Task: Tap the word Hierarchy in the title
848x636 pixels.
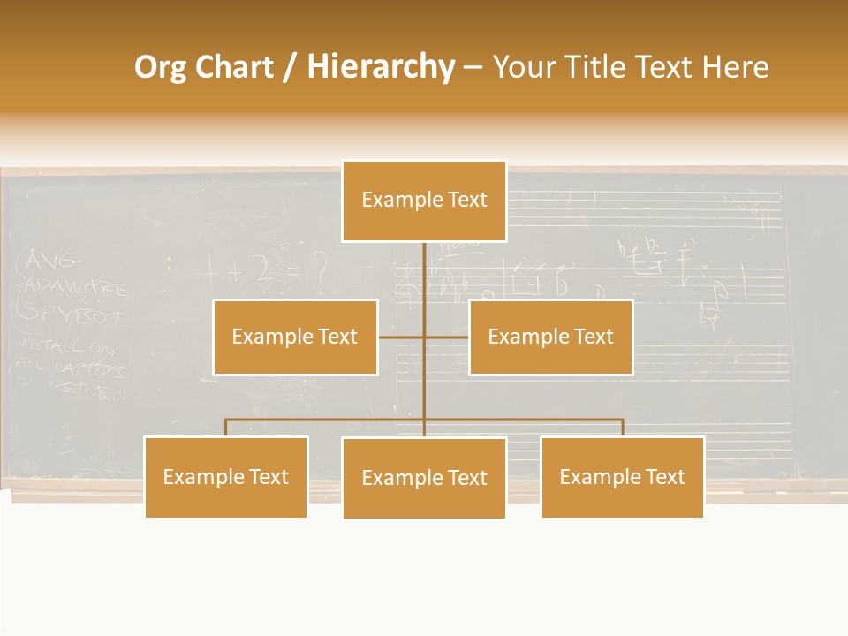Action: click(x=381, y=68)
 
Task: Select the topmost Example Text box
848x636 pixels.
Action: click(x=424, y=201)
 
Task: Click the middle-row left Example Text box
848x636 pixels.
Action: click(x=295, y=337)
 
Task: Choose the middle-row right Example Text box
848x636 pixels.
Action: click(x=550, y=337)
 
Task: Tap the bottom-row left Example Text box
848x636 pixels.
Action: click(x=226, y=477)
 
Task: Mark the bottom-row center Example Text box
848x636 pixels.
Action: click(x=424, y=478)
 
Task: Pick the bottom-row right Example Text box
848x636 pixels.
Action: click(x=623, y=477)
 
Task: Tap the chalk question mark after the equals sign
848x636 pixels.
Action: click(x=320, y=264)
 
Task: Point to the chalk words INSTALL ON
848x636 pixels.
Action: click(x=66, y=345)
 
